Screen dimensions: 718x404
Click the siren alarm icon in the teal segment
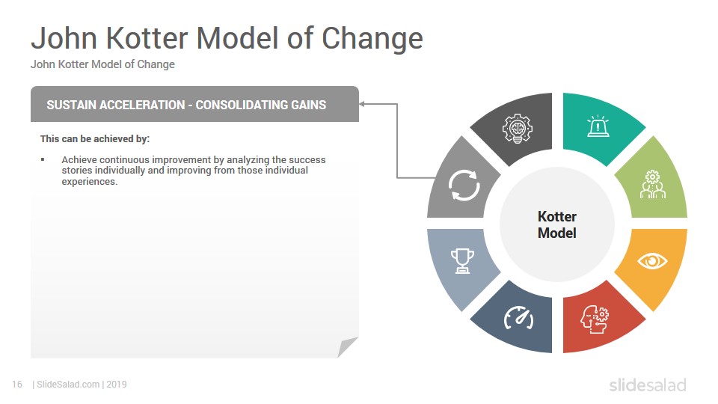598,126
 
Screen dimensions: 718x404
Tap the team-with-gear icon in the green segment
652,184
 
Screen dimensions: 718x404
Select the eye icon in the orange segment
652,261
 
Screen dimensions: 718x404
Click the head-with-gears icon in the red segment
595,319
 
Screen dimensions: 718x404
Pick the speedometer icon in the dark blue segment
519,317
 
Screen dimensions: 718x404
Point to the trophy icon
462,260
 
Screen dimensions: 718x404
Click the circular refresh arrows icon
464,185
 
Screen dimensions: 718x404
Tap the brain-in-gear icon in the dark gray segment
518,128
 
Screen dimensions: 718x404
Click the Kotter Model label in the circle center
556,224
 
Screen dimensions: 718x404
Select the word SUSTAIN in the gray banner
71,105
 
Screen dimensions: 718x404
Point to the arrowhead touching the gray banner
362,104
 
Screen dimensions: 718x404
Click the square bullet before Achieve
43,159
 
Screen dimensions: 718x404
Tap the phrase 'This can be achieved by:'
95,139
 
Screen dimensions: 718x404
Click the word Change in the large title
372,38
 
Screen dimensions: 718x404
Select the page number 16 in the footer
17,385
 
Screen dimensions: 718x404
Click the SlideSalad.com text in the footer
68,385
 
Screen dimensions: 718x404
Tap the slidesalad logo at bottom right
648,385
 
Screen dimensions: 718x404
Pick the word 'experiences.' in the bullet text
90,181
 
